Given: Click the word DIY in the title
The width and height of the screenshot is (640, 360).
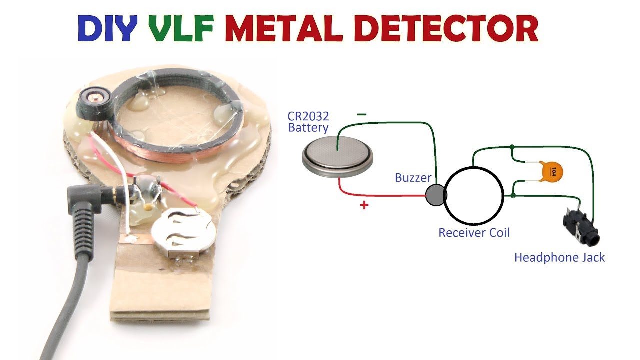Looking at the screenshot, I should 107,28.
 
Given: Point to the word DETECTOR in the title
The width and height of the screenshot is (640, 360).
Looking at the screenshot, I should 452,28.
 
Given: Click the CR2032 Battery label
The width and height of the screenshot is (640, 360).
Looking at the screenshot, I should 308,122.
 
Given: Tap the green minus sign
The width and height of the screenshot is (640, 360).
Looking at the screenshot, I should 361,114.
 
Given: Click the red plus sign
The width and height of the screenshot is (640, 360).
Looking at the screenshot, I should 364,205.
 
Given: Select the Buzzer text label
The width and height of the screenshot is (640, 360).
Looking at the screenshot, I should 413,177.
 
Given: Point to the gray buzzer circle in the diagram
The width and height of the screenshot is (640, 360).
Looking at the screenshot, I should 435,195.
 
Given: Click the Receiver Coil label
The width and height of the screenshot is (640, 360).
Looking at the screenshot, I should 474,232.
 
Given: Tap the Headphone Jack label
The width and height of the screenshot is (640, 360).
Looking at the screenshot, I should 559,258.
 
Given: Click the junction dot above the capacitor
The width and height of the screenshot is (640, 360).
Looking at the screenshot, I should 512,147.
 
